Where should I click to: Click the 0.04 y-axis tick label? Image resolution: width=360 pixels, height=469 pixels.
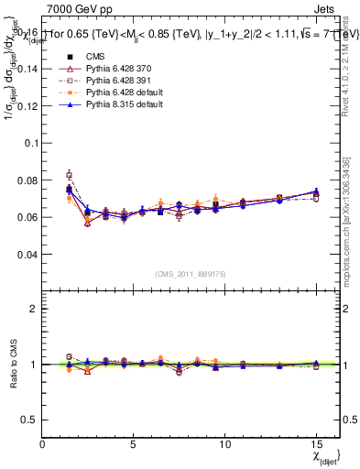tap(28, 254)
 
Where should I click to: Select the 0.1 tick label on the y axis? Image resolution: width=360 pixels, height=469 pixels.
tap(31, 143)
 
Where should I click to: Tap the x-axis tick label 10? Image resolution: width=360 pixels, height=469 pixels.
tap(225, 444)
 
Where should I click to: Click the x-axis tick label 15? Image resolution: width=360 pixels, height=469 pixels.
tap(316, 444)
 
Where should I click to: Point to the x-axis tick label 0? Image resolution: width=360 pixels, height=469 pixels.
tap(43, 444)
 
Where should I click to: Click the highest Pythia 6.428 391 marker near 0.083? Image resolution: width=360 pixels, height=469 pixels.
tap(69, 174)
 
